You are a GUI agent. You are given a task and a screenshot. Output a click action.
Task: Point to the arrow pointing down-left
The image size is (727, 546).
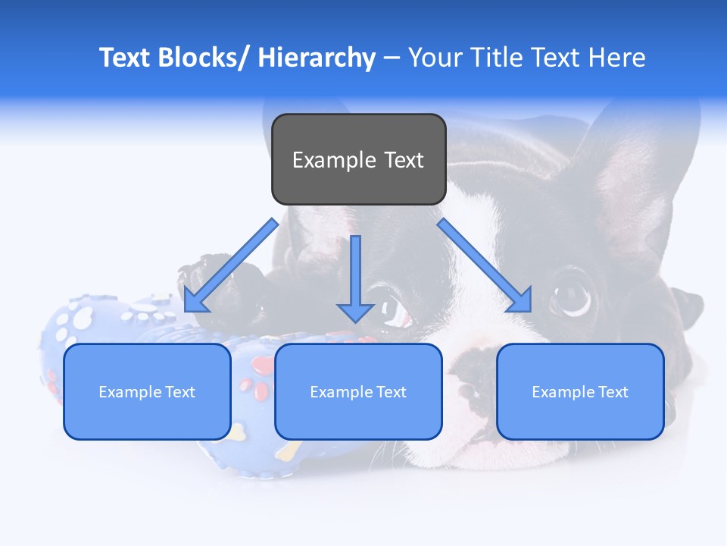click(231, 265)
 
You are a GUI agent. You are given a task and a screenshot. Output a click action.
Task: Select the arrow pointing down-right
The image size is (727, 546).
click(485, 265)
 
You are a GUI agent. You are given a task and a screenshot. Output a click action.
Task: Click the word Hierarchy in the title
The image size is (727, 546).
click(317, 58)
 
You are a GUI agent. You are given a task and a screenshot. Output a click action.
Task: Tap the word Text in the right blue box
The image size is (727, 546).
click(614, 392)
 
